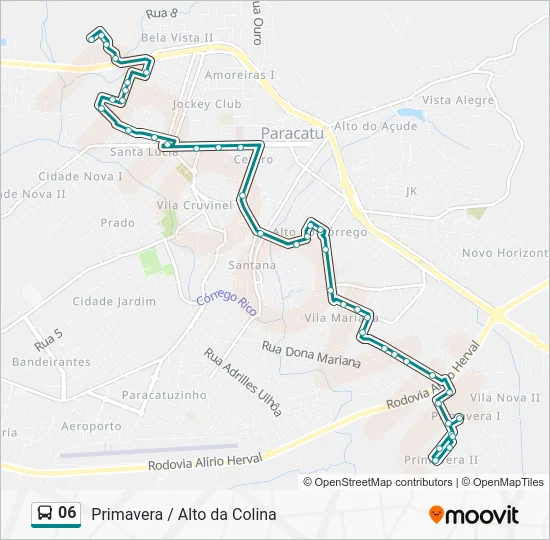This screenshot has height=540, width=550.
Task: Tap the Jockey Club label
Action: tap(207, 104)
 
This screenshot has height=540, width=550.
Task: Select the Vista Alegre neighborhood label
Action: tap(457, 101)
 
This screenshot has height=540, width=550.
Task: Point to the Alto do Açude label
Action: tap(375, 126)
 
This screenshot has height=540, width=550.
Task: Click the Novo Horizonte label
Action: tap(505, 254)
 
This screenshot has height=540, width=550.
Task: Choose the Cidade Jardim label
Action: tap(114, 301)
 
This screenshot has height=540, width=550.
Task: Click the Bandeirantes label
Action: tap(50, 362)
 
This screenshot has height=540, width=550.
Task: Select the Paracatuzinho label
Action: tap(164, 395)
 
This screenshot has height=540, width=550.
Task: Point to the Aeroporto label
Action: tap(90, 426)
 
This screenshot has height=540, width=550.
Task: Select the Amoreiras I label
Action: tap(239, 75)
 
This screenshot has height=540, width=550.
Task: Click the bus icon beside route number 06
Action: tap(45, 513)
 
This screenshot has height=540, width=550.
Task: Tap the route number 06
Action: tap(67, 513)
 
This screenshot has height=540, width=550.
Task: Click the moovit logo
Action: tap(474, 514)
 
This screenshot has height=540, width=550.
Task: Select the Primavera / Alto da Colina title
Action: tap(183, 514)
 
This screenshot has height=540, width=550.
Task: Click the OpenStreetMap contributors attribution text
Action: tap(383, 482)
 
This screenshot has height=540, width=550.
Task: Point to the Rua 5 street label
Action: tap(48, 340)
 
